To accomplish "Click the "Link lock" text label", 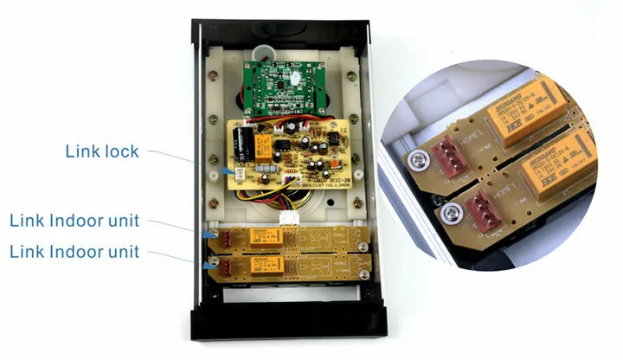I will point(101,151).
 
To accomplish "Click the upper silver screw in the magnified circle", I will point(420,159).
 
